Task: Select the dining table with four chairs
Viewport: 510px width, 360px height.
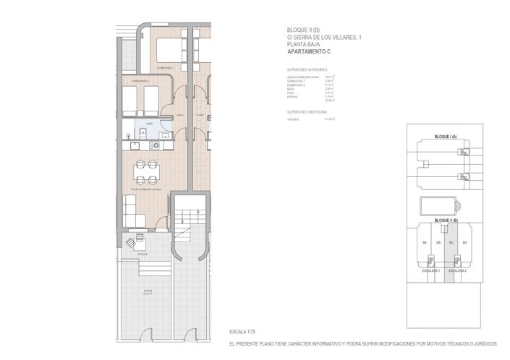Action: (x=145, y=171)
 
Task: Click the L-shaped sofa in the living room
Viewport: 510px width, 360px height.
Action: (x=135, y=213)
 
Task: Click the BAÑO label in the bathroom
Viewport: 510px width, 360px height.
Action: (x=150, y=124)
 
